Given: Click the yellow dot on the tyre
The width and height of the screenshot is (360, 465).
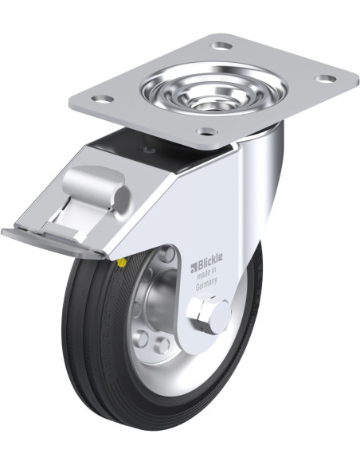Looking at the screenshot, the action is coord(122,262).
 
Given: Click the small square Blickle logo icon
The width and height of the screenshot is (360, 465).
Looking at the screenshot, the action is coord(194,268).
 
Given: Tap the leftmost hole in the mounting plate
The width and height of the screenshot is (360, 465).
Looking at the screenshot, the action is coord(102,99).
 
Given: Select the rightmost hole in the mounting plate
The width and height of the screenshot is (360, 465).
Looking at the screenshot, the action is coord(325,79).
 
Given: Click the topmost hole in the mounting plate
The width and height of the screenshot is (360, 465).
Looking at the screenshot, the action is coord(221,46).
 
